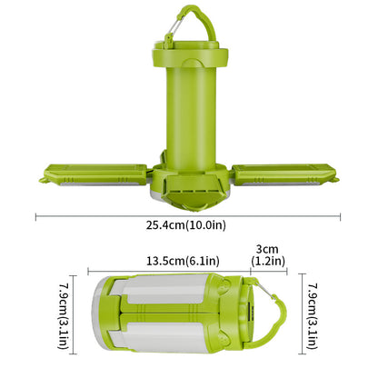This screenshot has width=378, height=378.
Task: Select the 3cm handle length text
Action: coord(267,248)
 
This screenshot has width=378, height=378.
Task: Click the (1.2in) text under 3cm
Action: coord(267,261)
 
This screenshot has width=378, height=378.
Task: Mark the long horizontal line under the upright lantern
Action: coord(189,215)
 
